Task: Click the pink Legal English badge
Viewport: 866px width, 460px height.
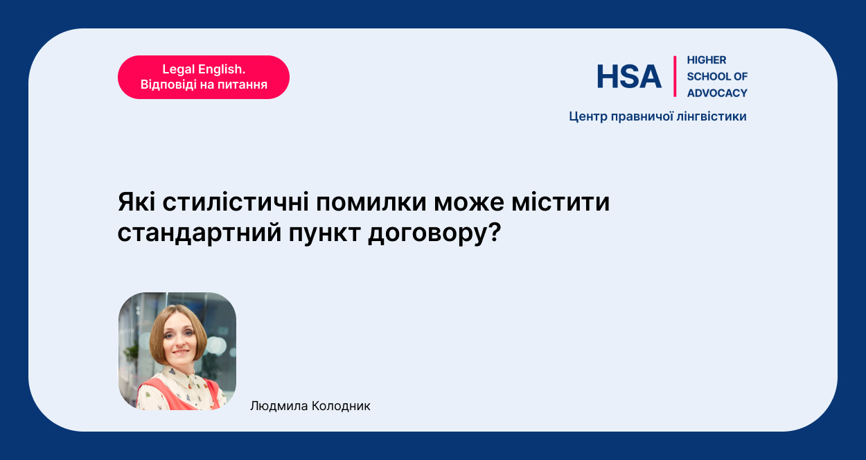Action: tap(204, 77)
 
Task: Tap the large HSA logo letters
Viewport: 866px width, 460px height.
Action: tap(629, 76)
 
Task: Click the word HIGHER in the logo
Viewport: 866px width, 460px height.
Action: tap(707, 60)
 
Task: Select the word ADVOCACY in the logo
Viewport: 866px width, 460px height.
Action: tap(717, 93)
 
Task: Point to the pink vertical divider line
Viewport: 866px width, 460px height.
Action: tap(675, 76)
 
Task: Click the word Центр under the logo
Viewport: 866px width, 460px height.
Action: tap(588, 117)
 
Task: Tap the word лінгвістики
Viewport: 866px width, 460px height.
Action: tap(712, 116)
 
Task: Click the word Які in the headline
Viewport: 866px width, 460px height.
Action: tap(136, 202)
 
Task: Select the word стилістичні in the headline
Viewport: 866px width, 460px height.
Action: tap(236, 202)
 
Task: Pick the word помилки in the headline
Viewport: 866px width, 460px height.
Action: tap(371, 202)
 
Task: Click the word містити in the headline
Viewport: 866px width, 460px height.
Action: tap(560, 202)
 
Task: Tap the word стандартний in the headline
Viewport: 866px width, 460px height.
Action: tap(200, 233)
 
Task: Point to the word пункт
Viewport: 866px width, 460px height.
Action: tap(324, 233)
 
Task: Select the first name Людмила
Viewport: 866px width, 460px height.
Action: tap(279, 406)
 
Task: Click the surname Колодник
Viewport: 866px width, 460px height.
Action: tap(341, 406)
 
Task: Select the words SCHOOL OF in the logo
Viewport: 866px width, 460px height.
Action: tap(717, 76)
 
